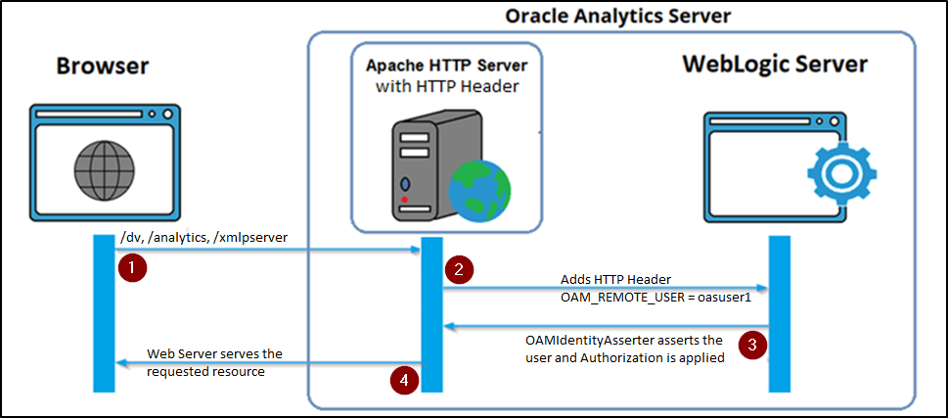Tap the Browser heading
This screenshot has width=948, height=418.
point(103,66)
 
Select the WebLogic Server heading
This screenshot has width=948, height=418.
point(774,65)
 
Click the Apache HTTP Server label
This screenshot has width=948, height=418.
point(446,67)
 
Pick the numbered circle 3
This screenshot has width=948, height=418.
point(751,344)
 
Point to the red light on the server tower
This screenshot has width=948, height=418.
point(405,199)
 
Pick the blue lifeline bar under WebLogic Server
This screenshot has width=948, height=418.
point(779,313)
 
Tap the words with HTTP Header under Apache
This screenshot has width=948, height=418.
point(445,87)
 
